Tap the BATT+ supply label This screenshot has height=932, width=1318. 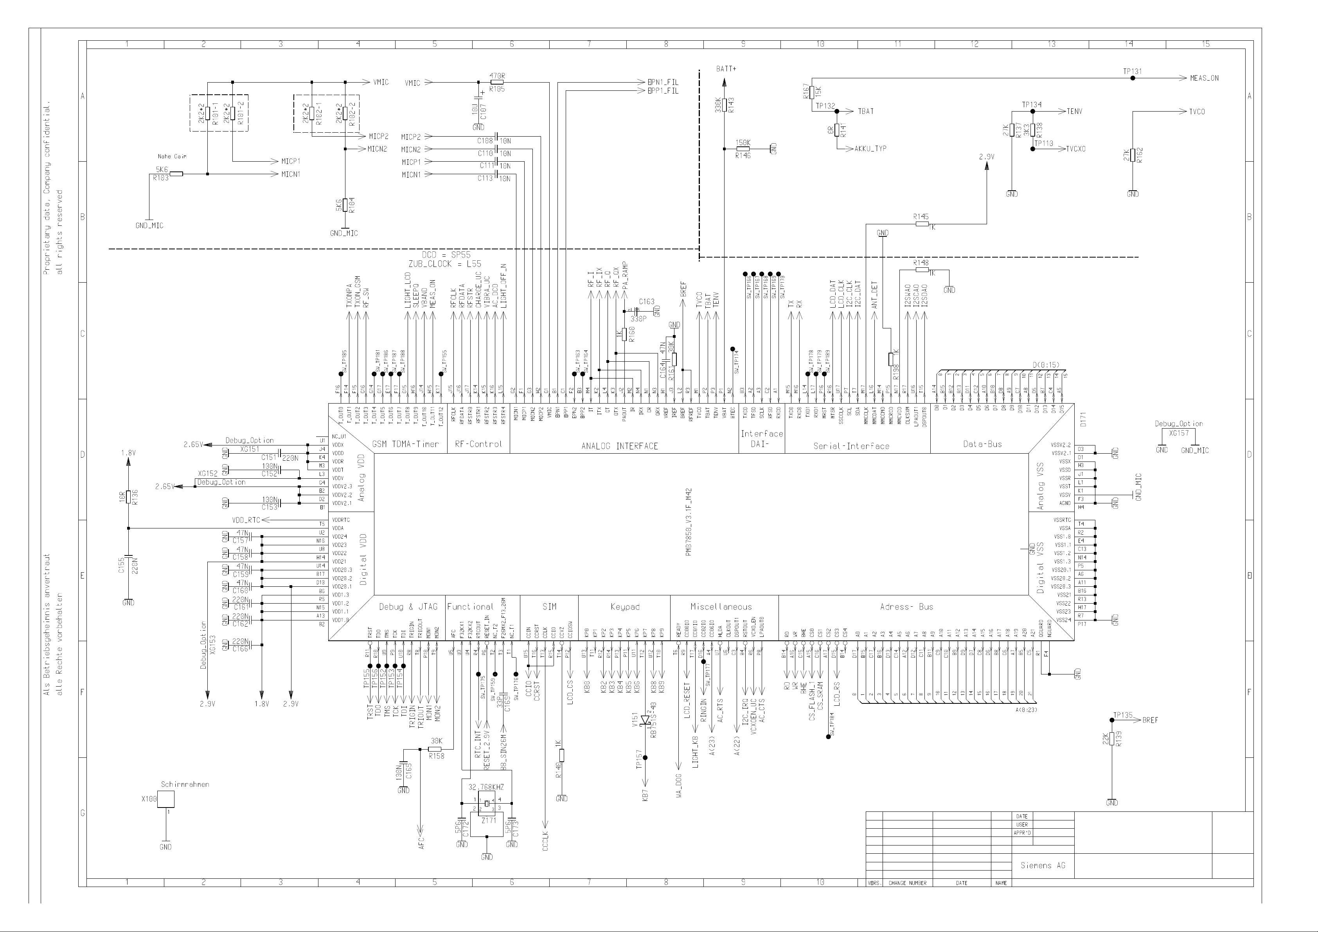click(x=726, y=69)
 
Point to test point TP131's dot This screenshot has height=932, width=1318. click(x=1132, y=78)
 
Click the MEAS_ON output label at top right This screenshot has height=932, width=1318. click(x=1204, y=78)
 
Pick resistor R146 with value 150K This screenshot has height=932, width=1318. click(x=743, y=149)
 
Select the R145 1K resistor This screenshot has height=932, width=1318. click(x=922, y=224)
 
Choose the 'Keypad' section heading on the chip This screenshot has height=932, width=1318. click(x=624, y=606)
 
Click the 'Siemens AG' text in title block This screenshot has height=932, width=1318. click(x=1043, y=865)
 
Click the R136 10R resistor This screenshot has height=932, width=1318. click(x=129, y=496)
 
